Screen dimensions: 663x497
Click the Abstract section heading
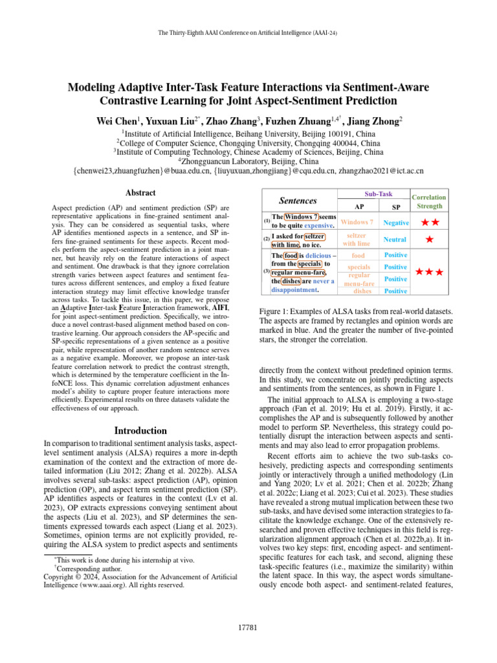click(140, 192)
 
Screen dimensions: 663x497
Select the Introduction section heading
click(140, 431)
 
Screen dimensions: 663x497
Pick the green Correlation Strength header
click(429, 201)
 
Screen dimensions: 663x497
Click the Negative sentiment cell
click(395, 223)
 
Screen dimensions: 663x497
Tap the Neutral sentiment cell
click(395, 240)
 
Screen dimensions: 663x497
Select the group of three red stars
click(429, 272)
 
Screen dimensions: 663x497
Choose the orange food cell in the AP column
click(358, 256)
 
